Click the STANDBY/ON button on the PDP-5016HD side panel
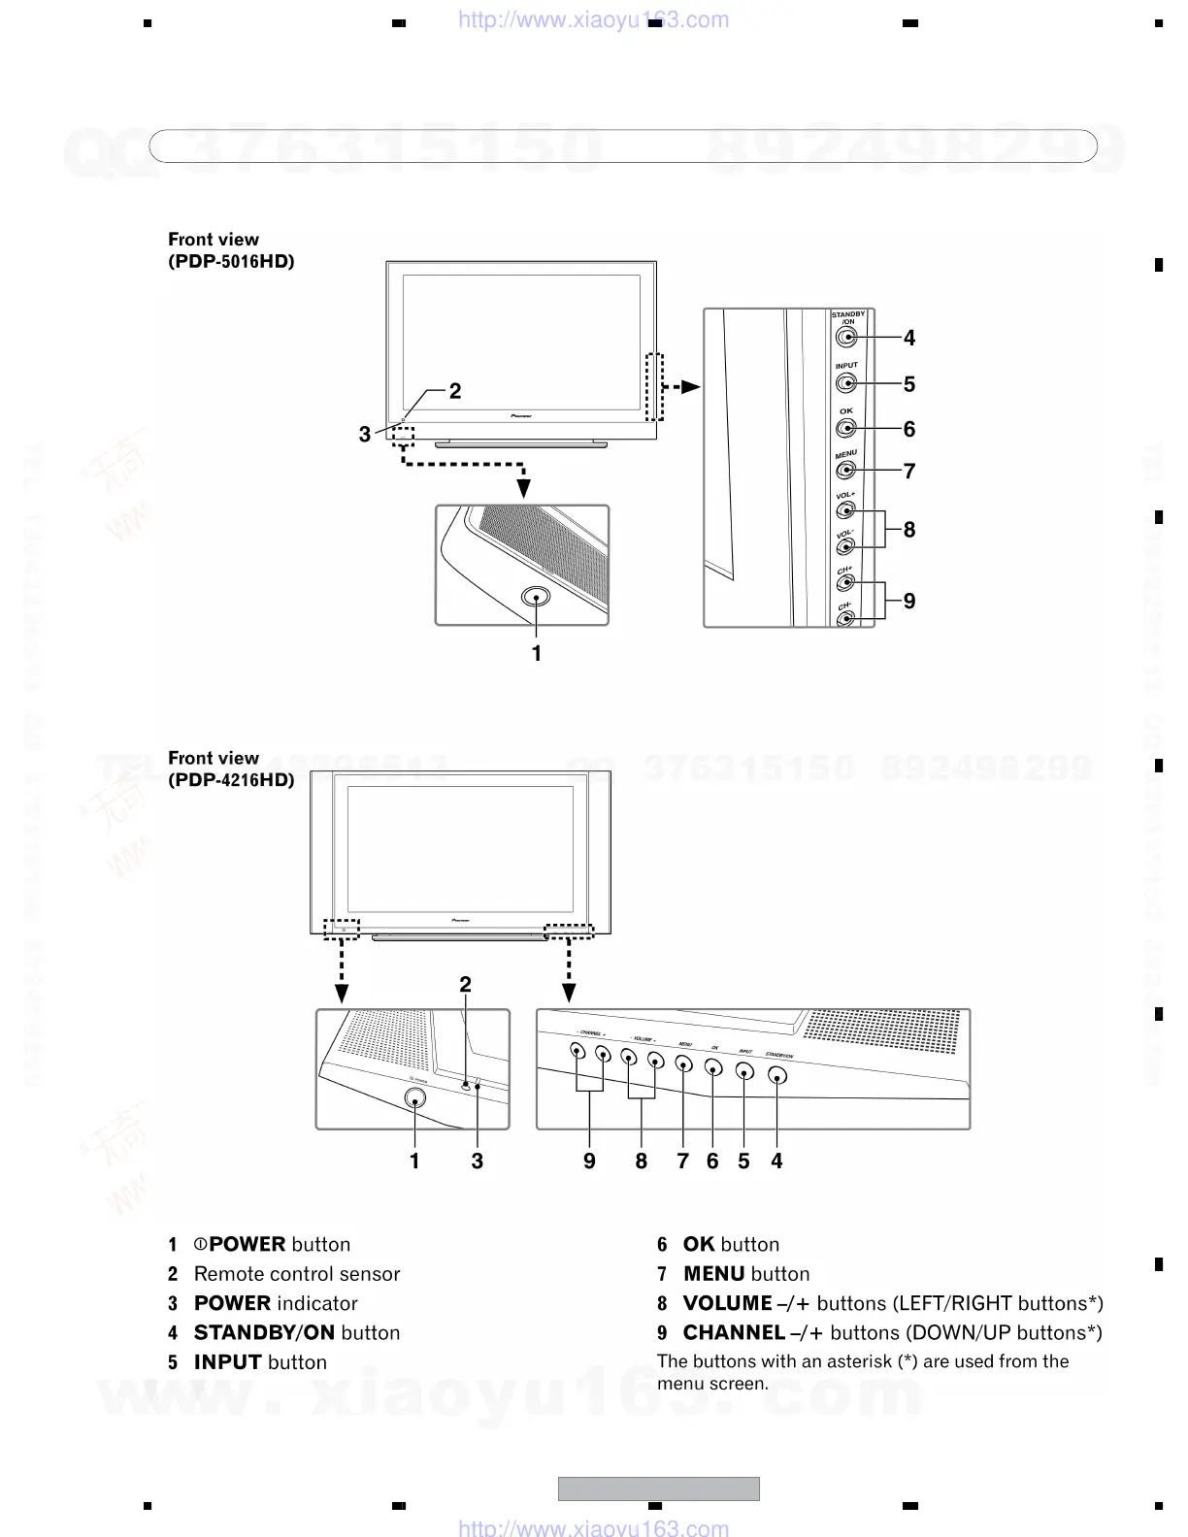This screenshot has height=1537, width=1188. [845, 338]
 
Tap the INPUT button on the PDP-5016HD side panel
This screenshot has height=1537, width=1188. [845, 383]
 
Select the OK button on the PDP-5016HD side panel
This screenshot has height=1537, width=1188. [845, 428]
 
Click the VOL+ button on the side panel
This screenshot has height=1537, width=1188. [845, 511]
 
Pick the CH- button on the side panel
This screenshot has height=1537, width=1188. [845, 617]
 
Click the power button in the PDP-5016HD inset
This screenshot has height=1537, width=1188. [536, 597]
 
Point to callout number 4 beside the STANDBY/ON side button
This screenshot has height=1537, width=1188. [909, 338]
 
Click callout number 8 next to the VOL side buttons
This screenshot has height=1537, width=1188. [909, 530]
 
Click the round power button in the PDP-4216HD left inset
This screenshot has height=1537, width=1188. [414, 1098]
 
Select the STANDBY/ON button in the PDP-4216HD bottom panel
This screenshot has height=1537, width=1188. [776, 1075]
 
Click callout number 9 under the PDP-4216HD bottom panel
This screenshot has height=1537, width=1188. [589, 1161]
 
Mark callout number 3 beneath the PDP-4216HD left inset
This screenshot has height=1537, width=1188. [478, 1161]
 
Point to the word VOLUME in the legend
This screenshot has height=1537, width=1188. [728, 1303]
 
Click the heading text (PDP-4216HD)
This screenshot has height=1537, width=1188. [231, 779]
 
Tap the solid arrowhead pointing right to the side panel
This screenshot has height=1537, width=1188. [690, 386]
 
